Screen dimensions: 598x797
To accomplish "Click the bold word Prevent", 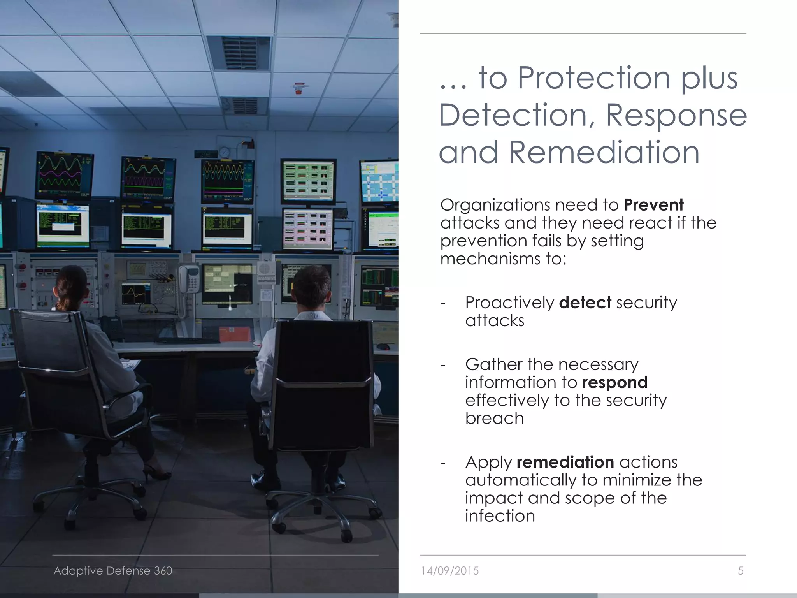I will click(x=653, y=205).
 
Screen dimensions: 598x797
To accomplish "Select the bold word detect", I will click(x=585, y=303).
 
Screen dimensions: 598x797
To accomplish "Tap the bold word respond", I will click(x=614, y=382).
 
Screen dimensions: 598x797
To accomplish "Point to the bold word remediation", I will click(x=565, y=462).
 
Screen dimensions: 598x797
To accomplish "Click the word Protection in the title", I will click(x=594, y=78).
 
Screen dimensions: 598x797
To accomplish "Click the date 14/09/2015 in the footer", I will click(x=450, y=571).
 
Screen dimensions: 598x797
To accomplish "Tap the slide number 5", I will click(x=741, y=571).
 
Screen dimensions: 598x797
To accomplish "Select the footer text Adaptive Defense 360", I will click(x=113, y=571).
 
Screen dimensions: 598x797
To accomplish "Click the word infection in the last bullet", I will click(x=500, y=516).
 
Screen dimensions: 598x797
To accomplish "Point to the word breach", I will click(x=495, y=419).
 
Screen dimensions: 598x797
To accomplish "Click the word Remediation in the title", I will click(x=604, y=152).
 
